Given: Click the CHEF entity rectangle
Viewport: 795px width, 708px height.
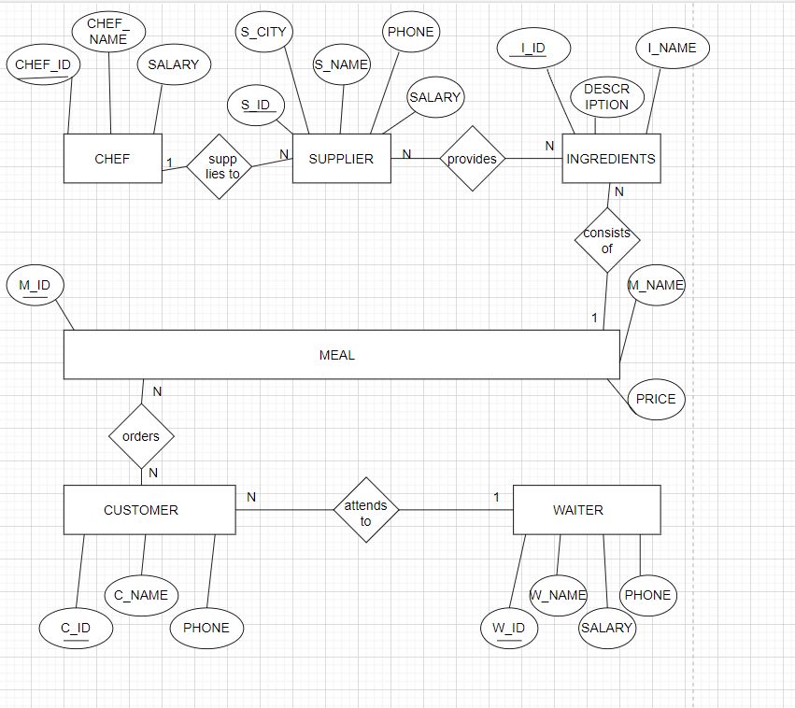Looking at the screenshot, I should click(112, 159).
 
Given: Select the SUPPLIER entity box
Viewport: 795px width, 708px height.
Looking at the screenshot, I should click(341, 159).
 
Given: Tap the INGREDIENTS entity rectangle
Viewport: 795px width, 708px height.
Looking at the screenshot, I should click(611, 159).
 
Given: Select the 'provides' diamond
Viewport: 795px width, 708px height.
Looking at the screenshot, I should click(472, 159).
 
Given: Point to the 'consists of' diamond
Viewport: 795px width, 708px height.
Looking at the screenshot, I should click(607, 240).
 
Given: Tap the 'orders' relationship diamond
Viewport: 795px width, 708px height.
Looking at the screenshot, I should click(141, 436).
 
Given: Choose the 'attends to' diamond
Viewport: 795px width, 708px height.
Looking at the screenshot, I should click(366, 510).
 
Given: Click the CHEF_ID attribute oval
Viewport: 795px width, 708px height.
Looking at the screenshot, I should click(43, 65).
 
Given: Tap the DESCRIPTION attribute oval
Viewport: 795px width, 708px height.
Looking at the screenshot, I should click(607, 97).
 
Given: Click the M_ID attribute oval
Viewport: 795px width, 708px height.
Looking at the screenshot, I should click(35, 284).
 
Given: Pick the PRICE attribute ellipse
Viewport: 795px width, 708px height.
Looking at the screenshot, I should click(656, 399).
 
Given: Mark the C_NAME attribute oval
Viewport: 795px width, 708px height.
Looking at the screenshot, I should click(141, 595).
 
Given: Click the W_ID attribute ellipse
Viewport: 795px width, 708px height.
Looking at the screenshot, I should click(509, 628).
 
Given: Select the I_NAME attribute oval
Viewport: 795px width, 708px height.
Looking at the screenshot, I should click(672, 49).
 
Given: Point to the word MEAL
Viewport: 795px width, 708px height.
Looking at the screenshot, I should click(337, 355).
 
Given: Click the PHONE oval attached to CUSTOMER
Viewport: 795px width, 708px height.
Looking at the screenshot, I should click(206, 628).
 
